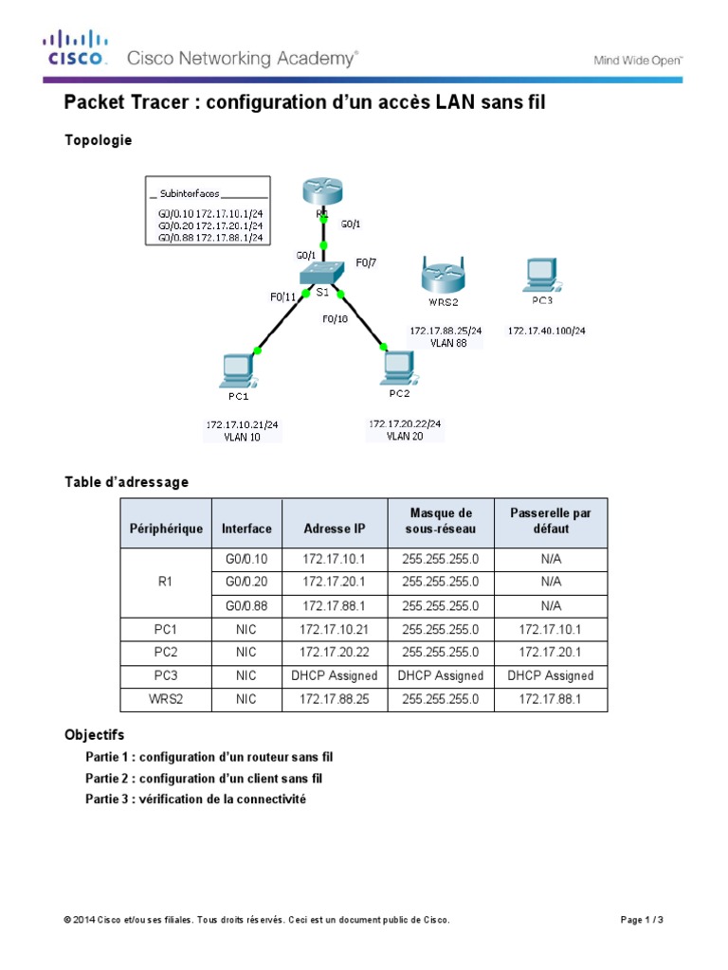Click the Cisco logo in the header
(x=76, y=49)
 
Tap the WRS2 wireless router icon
(x=441, y=276)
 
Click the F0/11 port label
(x=283, y=296)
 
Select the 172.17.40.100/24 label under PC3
(x=546, y=331)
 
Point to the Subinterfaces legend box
(x=208, y=210)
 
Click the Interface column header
(x=246, y=529)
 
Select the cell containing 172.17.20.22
(x=335, y=652)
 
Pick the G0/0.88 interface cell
(x=246, y=605)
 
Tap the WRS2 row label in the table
(x=166, y=699)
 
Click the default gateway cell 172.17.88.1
(x=551, y=699)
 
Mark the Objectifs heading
(x=94, y=734)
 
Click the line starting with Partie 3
(x=195, y=799)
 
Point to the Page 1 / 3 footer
(x=642, y=920)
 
